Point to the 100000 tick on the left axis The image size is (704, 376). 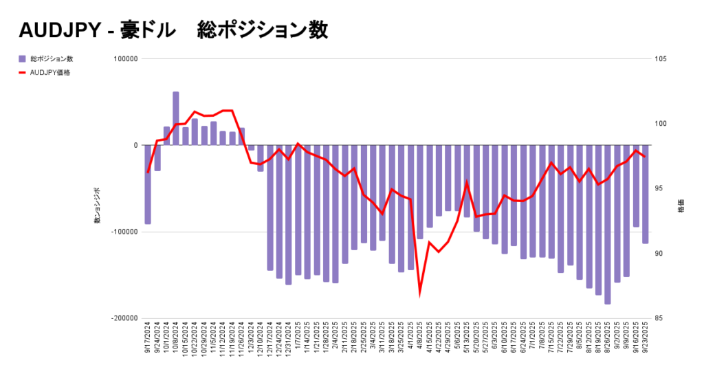click(x=124, y=59)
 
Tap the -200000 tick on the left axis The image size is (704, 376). click(x=122, y=319)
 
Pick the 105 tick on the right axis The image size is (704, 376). click(x=661, y=59)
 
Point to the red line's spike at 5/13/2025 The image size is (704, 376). click(x=467, y=182)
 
